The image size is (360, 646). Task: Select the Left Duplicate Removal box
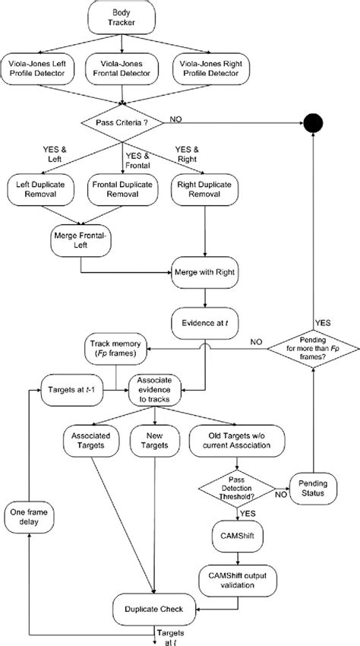[x=43, y=188]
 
